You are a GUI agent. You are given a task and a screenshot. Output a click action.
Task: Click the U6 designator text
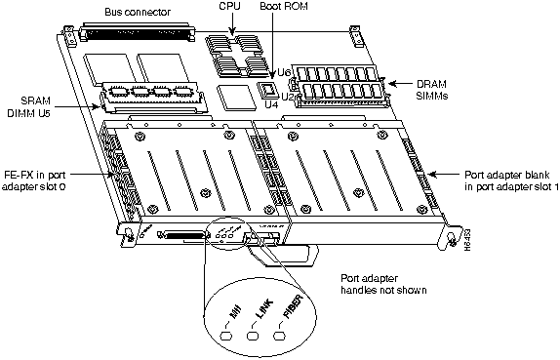285,71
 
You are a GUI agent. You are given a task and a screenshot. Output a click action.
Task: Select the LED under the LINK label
256,337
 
